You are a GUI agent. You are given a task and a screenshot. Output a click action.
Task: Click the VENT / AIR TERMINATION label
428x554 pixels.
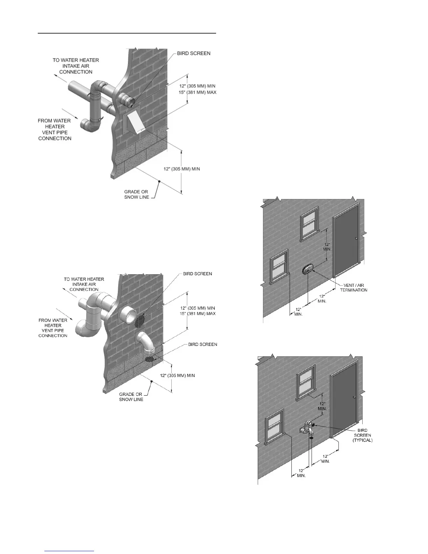pyautogui.click(x=354, y=287)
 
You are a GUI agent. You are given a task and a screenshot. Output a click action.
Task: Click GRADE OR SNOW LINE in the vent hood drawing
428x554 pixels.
pyautogui.click(x=136, y=194)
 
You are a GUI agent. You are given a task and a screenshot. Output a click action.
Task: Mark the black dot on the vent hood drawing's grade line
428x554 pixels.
pyautogui.click(x=159, y=181)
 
